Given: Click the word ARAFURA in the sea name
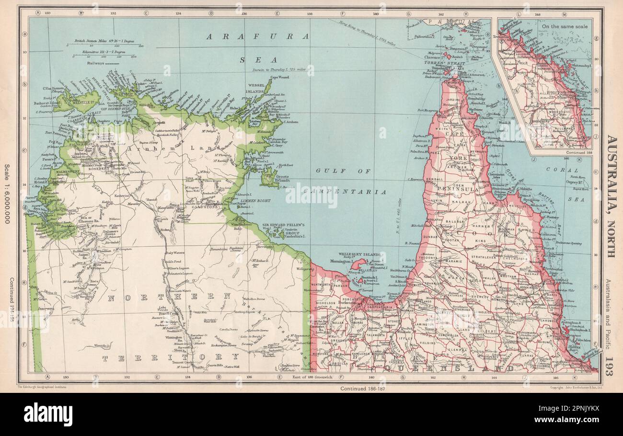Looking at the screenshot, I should tap(257, 36).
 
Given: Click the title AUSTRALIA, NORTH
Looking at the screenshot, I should tap(612, 196).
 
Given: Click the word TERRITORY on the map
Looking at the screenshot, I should tap(170, 357).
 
